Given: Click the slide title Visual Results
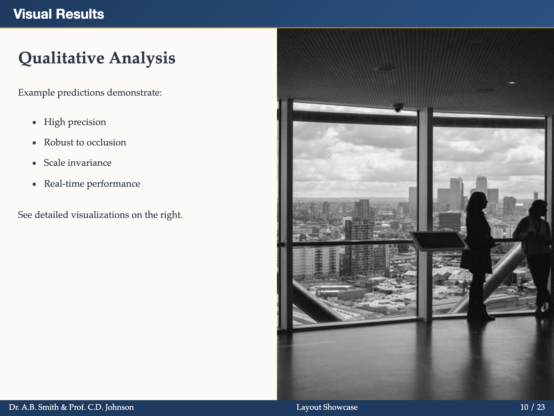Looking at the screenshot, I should pyautogui.click(x=59, y=14).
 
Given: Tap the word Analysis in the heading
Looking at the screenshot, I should pyautogui.click(x=142, y=58).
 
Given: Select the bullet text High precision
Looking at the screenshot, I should pyautogui.click(x=75, y=122).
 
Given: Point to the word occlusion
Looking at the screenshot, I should pyautogui.click(x=108, y=142).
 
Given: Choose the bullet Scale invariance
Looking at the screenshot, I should pyautogui.click(x=77, y=163).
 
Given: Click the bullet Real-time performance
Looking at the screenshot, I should pyautogui.click(x=92, y=184).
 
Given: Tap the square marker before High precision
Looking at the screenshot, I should pyautogui.click(x=34, y=123).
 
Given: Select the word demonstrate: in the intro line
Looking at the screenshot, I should pyautogui.click(x=134, y=93).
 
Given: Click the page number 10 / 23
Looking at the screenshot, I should pyautogui.click(x=532, y=407).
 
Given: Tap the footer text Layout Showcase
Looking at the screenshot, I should pyautogui.click(x=327, y=407).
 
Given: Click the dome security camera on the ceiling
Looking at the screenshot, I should pyautogui.click(x=398, y=108).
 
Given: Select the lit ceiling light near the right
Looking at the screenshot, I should pyautogui.click(x=512, y=83).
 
